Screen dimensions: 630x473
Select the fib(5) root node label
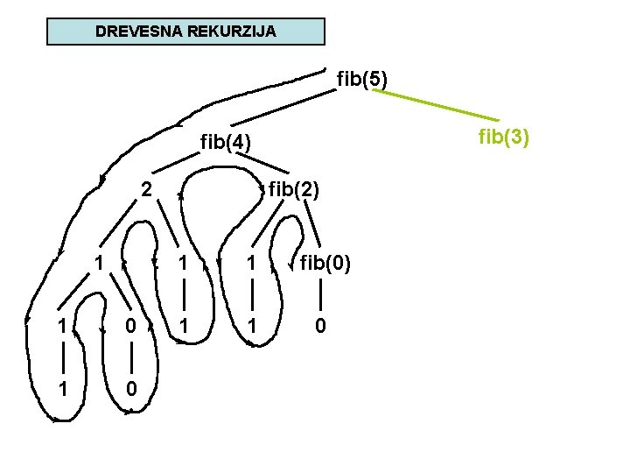click(x=362, y=80)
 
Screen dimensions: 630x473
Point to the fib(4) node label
click(x=226, y=141)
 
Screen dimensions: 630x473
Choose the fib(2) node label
click(x=294, y=187)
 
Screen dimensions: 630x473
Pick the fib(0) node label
click(x=325, y=262)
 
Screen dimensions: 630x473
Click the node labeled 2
click(x=148, y=187)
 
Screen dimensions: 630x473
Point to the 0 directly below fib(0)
click(x=321, y=326)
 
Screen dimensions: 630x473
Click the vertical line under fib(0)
click(x=321, y=294)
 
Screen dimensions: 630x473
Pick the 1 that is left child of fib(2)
click(x=251, y=262)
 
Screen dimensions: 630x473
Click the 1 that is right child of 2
click(x=183, y=262)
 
